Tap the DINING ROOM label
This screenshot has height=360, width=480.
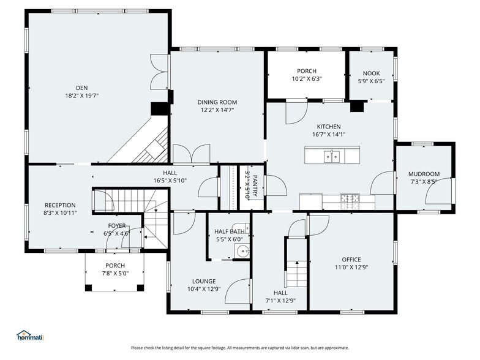(x=217, y=102)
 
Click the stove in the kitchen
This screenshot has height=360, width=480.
(x=351, y=198)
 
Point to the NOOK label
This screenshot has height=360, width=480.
(x=371, y=72)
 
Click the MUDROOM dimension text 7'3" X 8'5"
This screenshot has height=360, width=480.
(x=424, y=182)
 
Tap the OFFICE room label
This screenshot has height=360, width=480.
(x=351, y=259)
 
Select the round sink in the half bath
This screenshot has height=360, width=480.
(x=244, y=250)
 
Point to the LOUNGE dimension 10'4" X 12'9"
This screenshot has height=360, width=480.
(x=203, y=289)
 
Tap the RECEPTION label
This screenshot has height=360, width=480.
(x=60, y=205)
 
